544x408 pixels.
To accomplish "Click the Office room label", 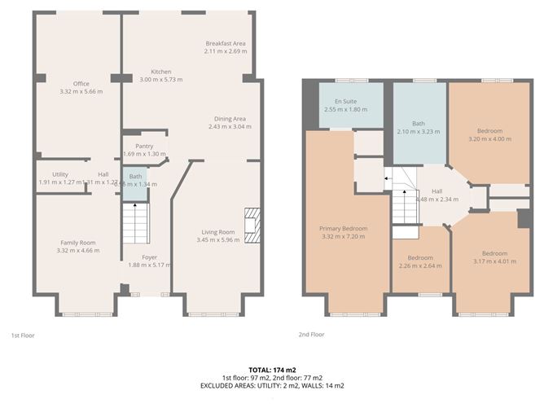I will [81, 84].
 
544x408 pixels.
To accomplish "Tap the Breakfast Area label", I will [226, 43].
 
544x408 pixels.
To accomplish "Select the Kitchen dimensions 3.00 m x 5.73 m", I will [160, 80].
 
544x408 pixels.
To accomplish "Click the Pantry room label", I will [143, 146].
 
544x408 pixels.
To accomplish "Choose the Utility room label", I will [59, 174].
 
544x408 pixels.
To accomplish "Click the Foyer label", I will [149, 257].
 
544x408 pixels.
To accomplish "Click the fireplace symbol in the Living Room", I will [252, 226].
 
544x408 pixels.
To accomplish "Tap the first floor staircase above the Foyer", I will [133, 222].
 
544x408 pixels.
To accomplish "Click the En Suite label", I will [340, 101].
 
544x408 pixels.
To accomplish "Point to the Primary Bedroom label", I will [343, 229].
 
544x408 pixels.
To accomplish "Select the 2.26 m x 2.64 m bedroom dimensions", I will [420, 265].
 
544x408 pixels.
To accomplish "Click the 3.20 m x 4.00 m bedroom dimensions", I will [489, 138].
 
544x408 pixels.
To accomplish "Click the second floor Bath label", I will [419, 124].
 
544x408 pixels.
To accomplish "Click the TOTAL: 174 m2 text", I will [272, 371].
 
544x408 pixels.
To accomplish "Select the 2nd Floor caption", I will [310, 335].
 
